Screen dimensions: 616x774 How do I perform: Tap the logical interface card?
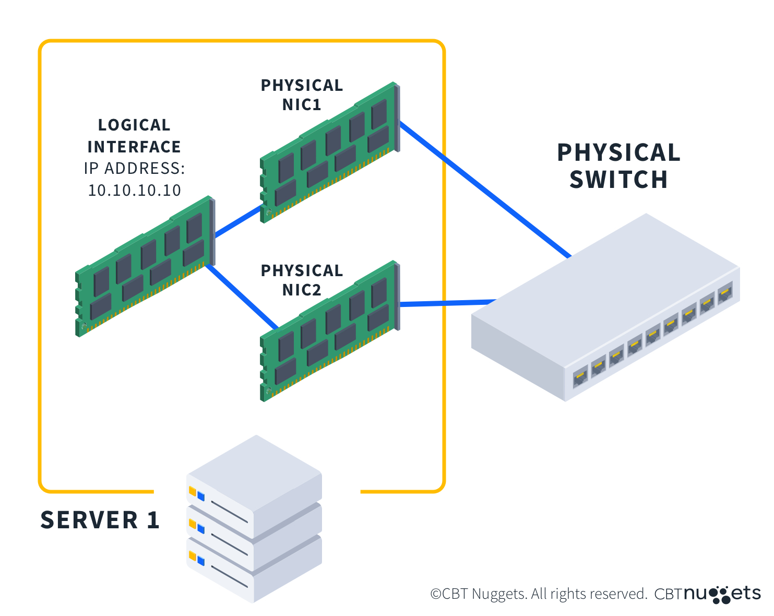(145, 266)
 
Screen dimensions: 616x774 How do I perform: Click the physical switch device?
(605, 308)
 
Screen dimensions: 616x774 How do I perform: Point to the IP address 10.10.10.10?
(135, 191)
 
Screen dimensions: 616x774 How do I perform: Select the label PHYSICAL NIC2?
(302, 280)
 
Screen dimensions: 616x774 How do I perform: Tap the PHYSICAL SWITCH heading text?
(618, 166)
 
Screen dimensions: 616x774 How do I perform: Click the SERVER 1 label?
(100, 520)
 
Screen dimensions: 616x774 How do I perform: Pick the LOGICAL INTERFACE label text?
(134, 136)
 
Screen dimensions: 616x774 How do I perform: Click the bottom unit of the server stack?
(254, 574)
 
